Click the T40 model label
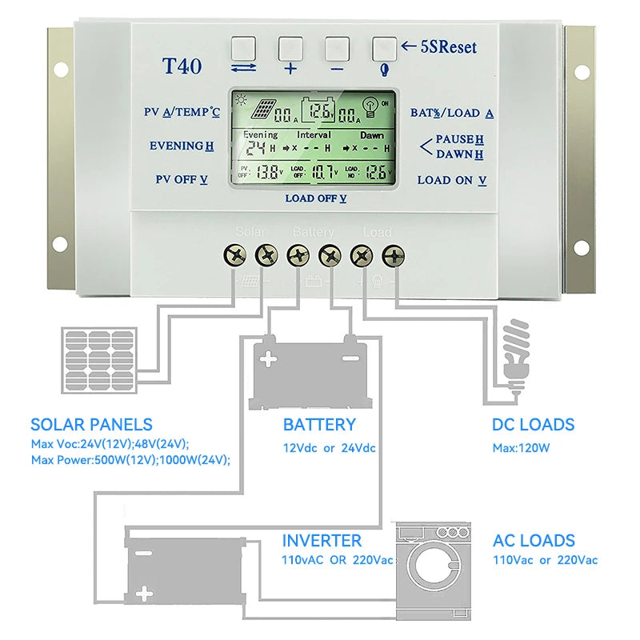182,66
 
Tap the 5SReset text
448,47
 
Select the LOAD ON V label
452,180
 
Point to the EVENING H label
182,146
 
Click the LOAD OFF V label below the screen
316,198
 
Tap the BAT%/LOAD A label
451,113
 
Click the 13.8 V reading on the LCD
269,170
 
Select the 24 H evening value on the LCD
255,148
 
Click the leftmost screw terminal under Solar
238,256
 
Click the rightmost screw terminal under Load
394,256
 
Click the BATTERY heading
318,425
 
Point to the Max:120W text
521,448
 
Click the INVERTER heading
322,541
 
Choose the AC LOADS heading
534,541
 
